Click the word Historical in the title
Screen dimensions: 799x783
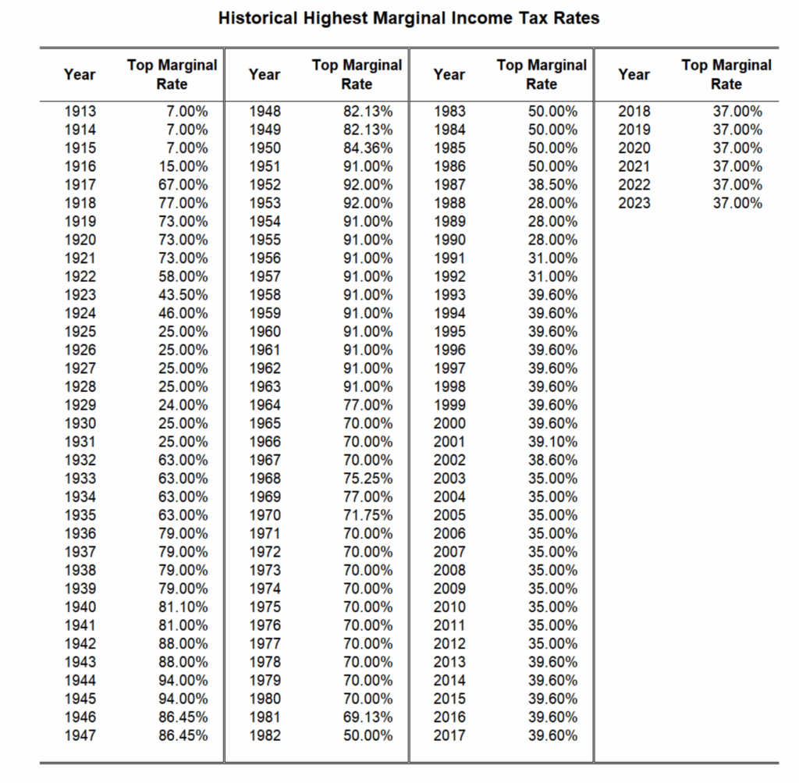coord(257,18)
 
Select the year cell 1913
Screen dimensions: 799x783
coord(80,111)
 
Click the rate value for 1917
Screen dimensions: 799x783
coord(183,184)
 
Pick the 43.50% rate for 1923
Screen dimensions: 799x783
coord(183,294)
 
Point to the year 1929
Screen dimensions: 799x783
coord(80,404)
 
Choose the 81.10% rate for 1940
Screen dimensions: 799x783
coord(183,607)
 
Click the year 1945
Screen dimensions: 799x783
coord(80,699)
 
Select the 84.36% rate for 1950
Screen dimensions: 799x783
coord(368,148)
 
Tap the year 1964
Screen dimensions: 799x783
coord(265,404)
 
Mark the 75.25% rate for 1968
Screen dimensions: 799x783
coord(368,479)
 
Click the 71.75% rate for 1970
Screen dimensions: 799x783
coord(368,515)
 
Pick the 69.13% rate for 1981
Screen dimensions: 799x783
coord(368,717)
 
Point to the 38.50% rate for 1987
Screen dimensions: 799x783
coord(553,184)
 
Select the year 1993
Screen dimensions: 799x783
coord(449,294)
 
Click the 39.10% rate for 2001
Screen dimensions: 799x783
coord(553,441)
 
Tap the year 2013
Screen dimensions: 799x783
coord(449,662)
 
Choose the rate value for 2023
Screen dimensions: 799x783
coord(738,203)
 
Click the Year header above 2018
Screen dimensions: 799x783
coord(634,74)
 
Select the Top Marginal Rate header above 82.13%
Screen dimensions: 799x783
coord(357,74)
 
